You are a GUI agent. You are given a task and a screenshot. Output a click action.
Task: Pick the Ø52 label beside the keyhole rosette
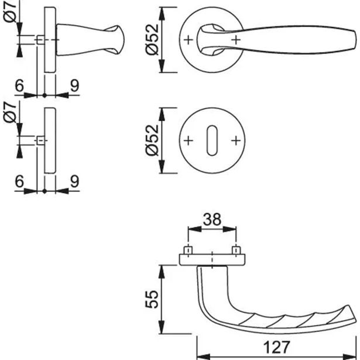pyautogui.click(x=151, y=141)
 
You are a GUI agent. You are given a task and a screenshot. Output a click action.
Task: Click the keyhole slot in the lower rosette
pyautogui.click(x=211, y=141)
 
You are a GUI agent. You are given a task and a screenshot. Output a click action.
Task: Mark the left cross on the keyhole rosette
pyautogui.click(x=188, y=141)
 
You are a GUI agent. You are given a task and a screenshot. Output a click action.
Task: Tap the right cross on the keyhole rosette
pyautogui.click(x=235, y=141)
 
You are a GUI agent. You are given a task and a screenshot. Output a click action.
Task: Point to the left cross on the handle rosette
pyautogui.click(x=188, y=39)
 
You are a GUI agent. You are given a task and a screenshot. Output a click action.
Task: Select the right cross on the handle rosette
pyautogui.click(x=235, y=39)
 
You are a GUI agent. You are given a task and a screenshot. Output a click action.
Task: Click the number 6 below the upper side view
pyautogui.click(x=19, y=86)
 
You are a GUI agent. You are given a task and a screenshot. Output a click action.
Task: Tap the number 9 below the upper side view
pyautogui.click(x=74, y=86)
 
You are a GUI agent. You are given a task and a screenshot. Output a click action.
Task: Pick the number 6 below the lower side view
pyautogui.click(x=19, y=182)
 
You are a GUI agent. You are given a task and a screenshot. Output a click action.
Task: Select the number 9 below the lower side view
pyautogui.click(x=74, y=182)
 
